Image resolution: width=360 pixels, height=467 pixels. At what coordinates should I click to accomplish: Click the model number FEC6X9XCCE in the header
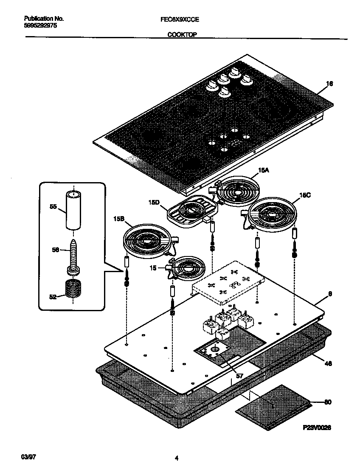click(180, 19)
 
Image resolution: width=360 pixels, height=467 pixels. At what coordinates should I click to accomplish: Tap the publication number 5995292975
click(41, 25)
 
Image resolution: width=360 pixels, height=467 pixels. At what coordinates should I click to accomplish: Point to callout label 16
click(329, 84)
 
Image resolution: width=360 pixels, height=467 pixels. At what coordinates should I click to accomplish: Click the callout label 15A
click(264, 170)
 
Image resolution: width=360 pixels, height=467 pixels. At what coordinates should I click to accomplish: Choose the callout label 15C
click(305, 195)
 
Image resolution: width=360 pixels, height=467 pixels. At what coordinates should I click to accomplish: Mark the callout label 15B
click(119, 219)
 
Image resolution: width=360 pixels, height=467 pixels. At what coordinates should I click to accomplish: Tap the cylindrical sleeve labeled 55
click(74, 210)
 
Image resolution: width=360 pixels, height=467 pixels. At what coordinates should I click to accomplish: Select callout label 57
click(239, 376)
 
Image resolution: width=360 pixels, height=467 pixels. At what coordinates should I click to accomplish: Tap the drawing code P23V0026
click(317, 428)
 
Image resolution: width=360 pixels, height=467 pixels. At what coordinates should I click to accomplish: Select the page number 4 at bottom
click(176, 458)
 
